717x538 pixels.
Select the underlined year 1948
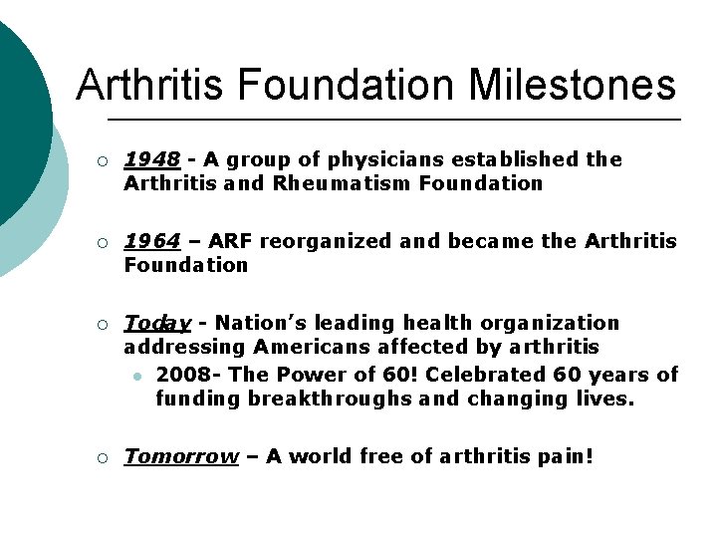pyautogui.click(x=151, y=159)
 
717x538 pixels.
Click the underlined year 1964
pyautogui.click(x=151, y=241)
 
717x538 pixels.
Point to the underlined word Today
pyautogui.click(x=156, y=324)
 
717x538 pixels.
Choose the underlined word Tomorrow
pyautogui.click(x=180, y=456)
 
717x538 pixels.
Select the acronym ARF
pyautogui.click(x=232, y=241)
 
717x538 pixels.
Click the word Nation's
pyautogui.click(x=256, y=323)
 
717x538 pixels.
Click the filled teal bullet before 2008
pyautogui.click(x=136, y=376)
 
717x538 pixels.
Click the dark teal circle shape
pyautogui.click(x=18, y=110)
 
